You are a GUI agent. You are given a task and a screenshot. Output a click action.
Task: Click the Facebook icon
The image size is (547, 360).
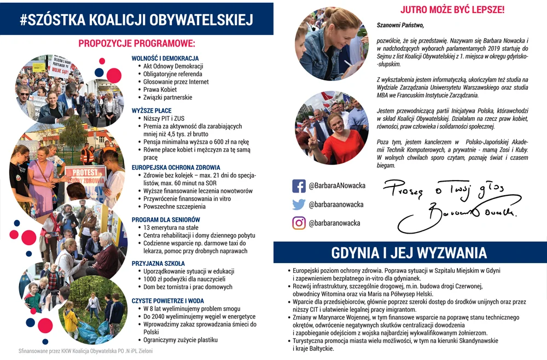point(299,186)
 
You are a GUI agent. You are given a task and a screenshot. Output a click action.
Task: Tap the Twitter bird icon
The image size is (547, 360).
point(299,205)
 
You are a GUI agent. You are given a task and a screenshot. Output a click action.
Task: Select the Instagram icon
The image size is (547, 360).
point(299,223)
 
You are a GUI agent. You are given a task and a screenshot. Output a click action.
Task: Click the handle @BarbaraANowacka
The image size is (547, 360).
point(337,186)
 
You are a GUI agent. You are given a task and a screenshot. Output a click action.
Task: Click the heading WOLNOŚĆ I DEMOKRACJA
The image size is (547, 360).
point(165,59)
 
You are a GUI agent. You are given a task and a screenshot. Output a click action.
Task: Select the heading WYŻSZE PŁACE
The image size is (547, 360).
point(152,111)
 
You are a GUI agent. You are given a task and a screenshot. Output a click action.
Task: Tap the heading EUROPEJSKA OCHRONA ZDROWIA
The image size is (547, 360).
point(176,167)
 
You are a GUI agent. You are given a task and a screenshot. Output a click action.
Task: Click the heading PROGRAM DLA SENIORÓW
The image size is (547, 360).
point(166,219)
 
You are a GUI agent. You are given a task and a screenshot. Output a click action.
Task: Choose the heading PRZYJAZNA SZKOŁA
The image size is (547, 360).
point(158,263)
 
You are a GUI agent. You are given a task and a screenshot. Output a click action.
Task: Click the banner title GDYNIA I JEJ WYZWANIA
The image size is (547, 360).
point(409,253)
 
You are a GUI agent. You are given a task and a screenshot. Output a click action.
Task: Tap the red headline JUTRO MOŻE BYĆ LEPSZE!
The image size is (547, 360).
point(452,10)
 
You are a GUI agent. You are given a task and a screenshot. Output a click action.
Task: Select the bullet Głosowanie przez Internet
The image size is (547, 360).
point(176,82)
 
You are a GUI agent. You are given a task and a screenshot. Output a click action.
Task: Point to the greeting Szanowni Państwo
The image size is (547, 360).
point(400,25)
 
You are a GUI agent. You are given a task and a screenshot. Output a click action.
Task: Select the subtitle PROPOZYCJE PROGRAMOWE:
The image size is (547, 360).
point(136,43)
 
